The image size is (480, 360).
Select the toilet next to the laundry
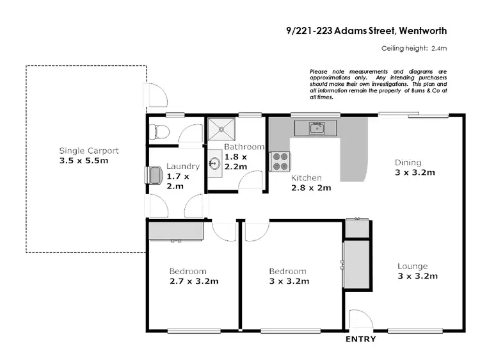pyautogui.click(x=159, y=133)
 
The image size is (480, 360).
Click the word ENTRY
pyautogui.click(x=360, y=339)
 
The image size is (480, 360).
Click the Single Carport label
pyautogui.click(x=89, y=151)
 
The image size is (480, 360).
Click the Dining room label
pyautogui.click(x=407, y=162)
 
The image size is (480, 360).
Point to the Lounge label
pyautogui.click(x=412, y=266)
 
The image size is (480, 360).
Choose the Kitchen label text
pyautogui.click(x=307, y=177)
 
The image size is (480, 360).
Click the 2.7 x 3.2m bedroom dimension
pyautogui.click(x=194, y=281)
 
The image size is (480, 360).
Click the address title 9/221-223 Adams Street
pyautogui.click(x=340, y=30)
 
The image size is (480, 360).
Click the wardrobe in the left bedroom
pyautogui.click(x=176, y=230)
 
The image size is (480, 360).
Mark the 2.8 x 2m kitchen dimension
pyautogui.click(x=311, y=188)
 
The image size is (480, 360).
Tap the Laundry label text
pyautogui.click(x=183, y=166)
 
